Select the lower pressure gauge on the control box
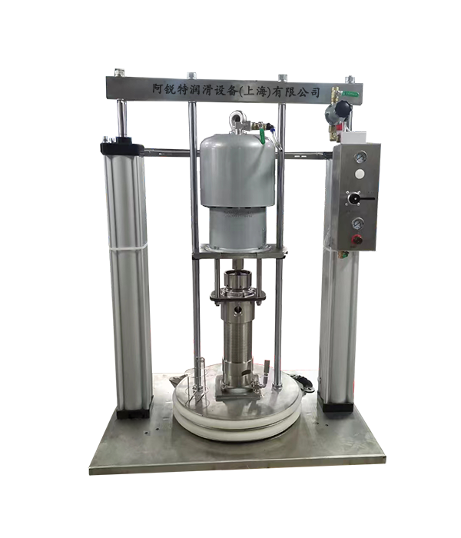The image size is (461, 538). click(357, 224)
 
